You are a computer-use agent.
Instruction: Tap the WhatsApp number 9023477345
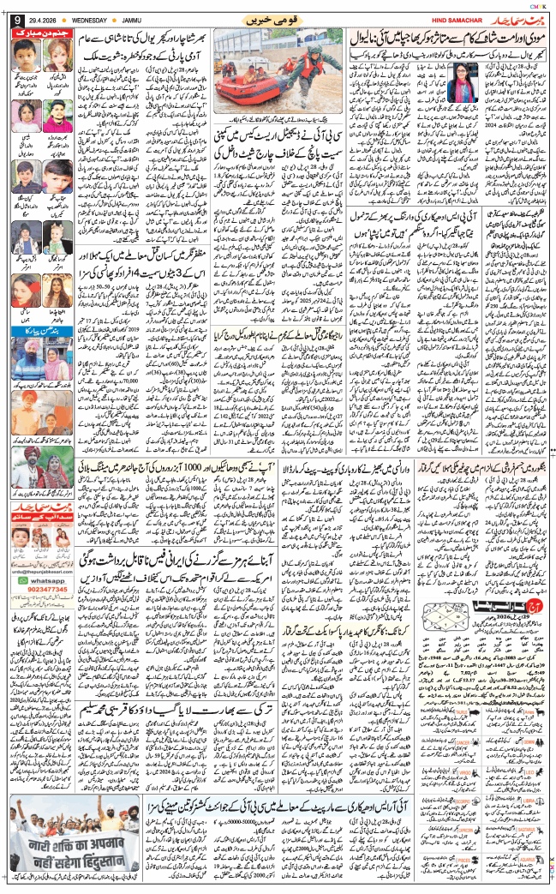pos(38,615)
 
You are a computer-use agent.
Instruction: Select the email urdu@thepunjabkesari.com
pos(37,594)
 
